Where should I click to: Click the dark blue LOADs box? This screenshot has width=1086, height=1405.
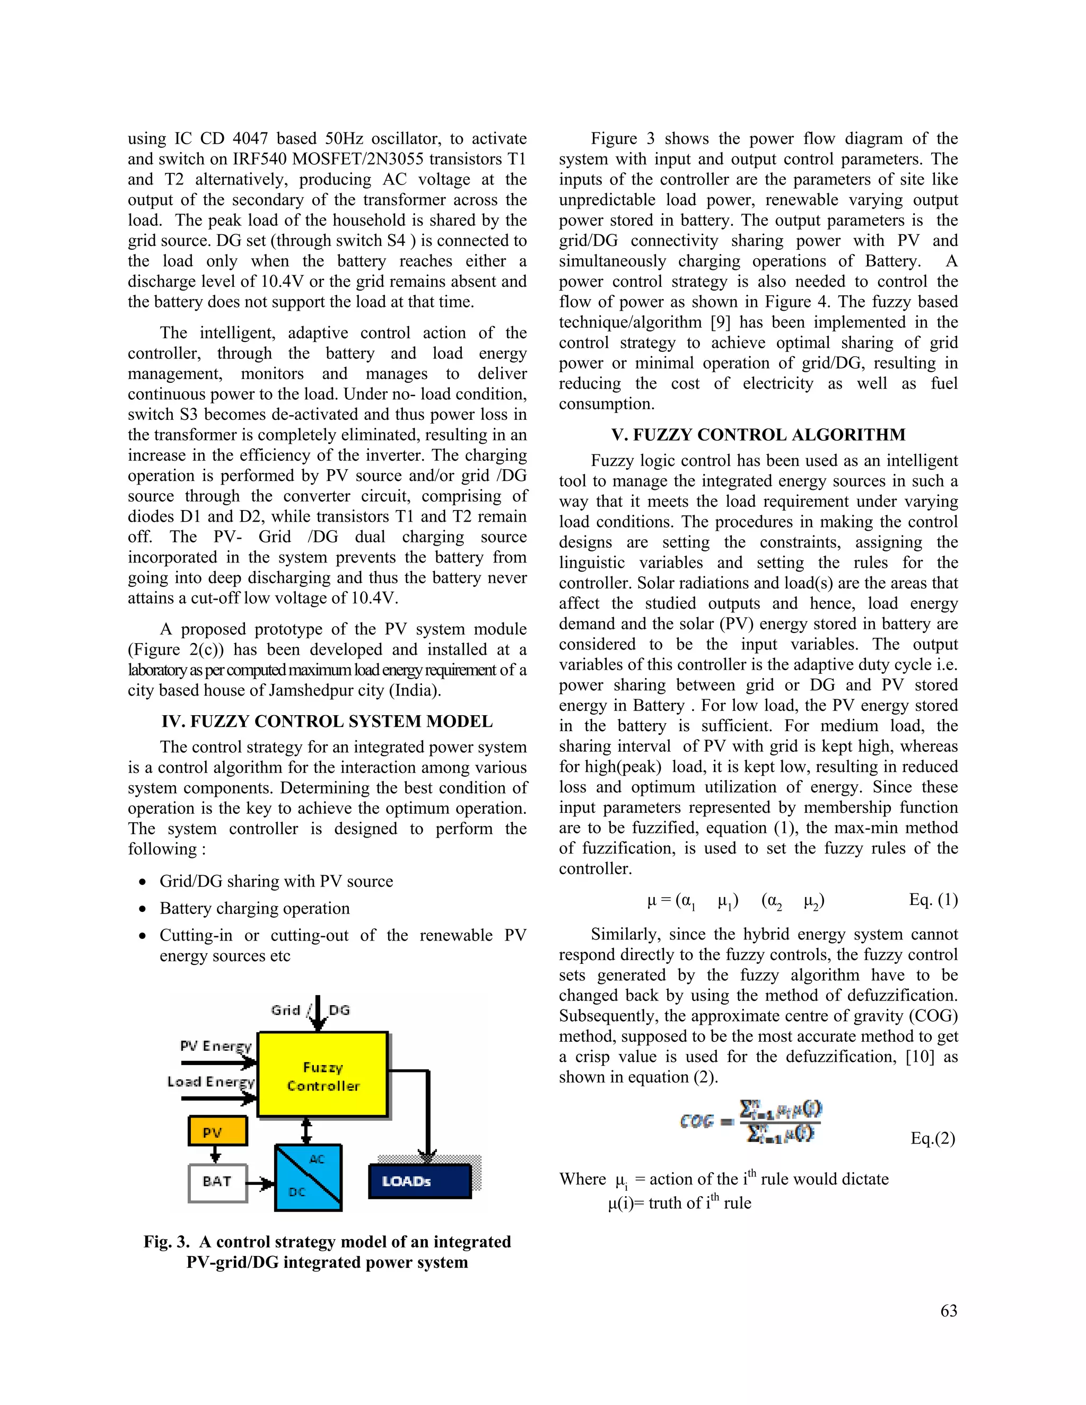tap(419, 1181)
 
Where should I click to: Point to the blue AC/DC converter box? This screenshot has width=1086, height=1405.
tap(308, 1177)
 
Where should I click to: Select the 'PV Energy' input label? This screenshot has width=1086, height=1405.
tap(215, 1046)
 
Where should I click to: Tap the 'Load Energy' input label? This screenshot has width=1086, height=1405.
tap(211, 1082)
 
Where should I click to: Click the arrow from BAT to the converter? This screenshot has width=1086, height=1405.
tap(260, 1183)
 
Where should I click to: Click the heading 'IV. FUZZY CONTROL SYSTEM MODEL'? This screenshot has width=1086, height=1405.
tap(327, 721)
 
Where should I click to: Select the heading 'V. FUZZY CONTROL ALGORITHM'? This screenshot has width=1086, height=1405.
tap(758, 435)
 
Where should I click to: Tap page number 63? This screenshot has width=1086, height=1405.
tap(948, 1311)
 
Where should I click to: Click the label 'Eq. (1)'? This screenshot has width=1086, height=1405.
tap(933, 899)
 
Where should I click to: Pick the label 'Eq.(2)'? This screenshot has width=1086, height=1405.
tap(932, 1139)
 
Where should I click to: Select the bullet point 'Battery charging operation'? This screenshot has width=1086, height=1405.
tap(254, 908)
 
